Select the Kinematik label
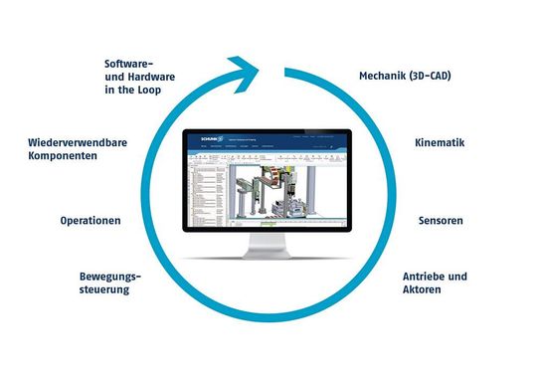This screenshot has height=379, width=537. pos(440,143)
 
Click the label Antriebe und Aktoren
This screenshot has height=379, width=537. pos(435,283)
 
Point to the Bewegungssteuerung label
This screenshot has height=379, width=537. pos(104,283)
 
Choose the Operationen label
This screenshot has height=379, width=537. pos(90,221)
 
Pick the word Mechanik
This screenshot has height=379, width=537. pos(381,75)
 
